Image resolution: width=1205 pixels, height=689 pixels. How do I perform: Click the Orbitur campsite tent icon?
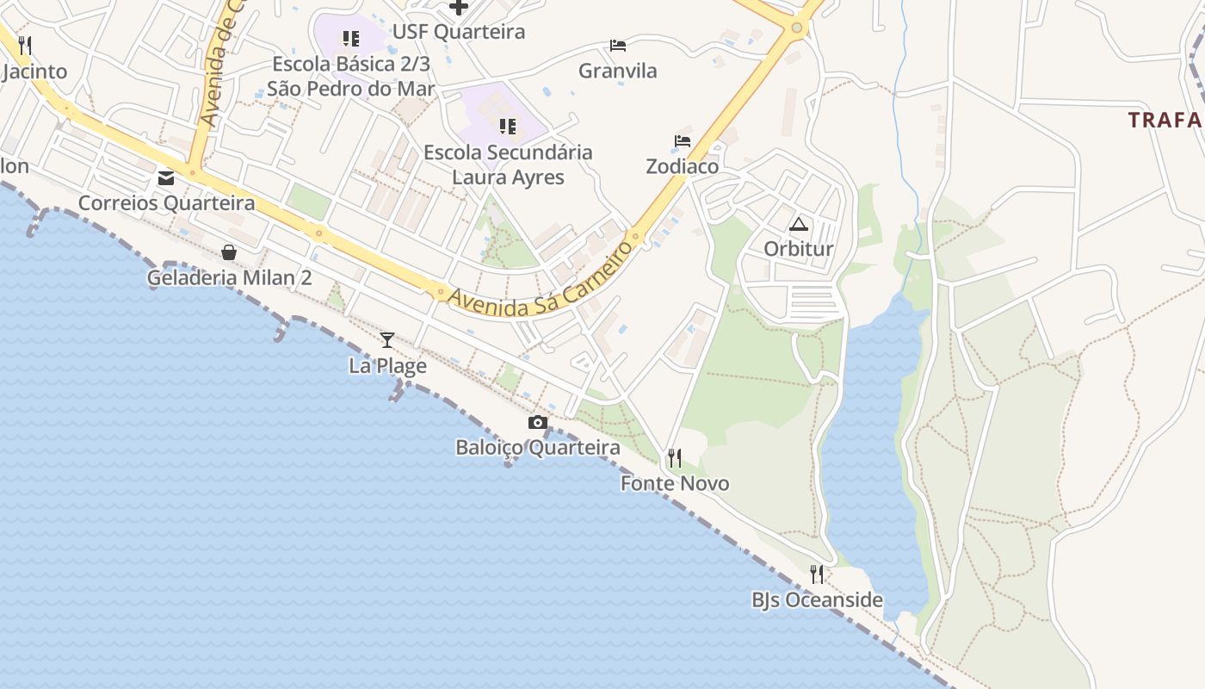tap(799, 226)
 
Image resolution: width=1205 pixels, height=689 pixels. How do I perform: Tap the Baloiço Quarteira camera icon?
tap(538, 422)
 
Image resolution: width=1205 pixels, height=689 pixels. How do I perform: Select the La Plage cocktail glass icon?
tap(387, 340)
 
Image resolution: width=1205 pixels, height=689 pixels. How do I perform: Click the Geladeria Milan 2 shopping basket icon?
tap(229, 252)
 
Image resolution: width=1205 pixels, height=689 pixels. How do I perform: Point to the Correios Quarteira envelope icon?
tap(166, 178)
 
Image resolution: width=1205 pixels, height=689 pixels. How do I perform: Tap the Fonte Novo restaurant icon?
tap(675, 458)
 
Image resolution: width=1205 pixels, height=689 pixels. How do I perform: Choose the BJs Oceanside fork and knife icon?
tap(817, 574)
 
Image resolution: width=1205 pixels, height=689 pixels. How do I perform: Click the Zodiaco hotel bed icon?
tap(683, 141)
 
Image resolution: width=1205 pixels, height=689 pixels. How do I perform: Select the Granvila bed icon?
tap(618, 46)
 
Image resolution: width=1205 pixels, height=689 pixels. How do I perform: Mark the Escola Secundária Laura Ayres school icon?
tap(508, 127)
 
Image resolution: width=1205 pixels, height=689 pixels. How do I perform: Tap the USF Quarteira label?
tap(458, 33)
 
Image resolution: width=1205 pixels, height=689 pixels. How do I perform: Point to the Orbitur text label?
tap(799, 250)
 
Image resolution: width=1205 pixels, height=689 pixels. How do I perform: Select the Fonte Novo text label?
tap(675, 484)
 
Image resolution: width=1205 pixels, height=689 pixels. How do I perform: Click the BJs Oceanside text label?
tap(817, 600)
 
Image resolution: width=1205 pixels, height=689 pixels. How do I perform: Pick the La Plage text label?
tap(387, 366)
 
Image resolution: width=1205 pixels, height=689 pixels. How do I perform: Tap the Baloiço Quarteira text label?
tap(538, 448)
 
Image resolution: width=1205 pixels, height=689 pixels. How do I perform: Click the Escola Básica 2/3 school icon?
tap(351, 39)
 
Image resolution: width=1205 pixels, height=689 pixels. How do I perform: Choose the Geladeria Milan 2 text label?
tap(229, 278)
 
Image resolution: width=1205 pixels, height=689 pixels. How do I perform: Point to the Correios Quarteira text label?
tap(166, 203)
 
